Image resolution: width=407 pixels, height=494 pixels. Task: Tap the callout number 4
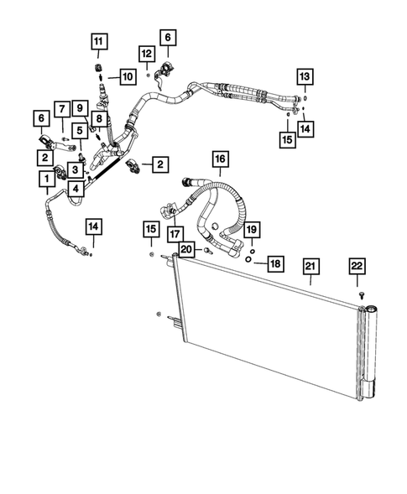click(x=76, y=190)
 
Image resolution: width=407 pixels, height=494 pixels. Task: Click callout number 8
click(x=99, y=120)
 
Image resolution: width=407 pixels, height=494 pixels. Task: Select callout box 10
click(x=127, y=78)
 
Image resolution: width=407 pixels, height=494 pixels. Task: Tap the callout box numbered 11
click(x=99, y=42)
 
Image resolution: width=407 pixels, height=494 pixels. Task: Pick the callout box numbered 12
click(x=146, y=54)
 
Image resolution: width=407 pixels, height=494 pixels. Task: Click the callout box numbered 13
click(x=305, y=78)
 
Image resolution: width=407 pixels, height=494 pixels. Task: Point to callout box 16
click(x=219, y=159)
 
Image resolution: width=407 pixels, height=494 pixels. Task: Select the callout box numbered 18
click(x=274, y=263)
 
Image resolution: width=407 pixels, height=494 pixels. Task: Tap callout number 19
click(x=253, y=228)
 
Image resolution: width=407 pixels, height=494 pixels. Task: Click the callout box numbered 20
click(x=186, y=249)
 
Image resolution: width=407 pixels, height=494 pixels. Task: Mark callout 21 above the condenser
click(x=310, y=267)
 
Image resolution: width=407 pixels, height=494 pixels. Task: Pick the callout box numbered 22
click(x=357, y=266)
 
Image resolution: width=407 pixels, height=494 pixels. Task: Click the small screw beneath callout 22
click(x=359, y=296)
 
